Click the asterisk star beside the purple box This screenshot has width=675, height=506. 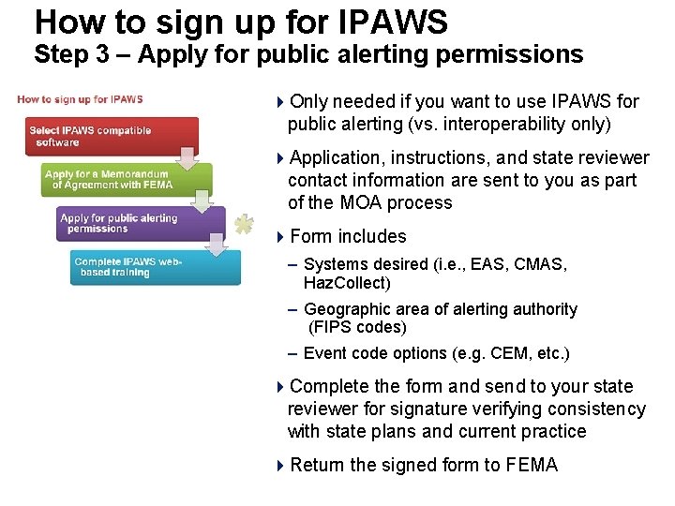(244, 224)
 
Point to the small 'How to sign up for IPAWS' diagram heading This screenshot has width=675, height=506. (80, 99)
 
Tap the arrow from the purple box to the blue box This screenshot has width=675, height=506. (217, 245)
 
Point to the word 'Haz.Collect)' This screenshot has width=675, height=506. (347, 282)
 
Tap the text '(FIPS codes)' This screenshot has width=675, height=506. (357, 327)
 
